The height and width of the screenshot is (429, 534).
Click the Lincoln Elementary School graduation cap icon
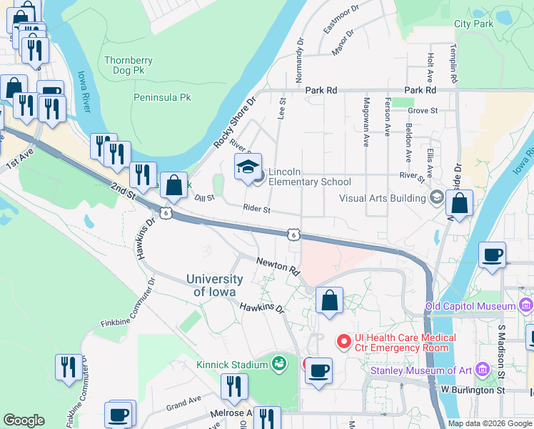point(248,168)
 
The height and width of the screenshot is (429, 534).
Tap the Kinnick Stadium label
point(232,365)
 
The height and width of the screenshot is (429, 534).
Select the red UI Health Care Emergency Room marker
point(343,342)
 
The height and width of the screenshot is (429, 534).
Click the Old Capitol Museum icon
point(526,307)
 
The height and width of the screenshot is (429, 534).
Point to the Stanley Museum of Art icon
point(483,370)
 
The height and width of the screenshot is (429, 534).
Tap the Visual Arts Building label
point(383,198)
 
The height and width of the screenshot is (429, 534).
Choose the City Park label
point(473,24)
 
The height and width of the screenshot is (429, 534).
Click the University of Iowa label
point(216,285)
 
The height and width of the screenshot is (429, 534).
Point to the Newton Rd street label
point(278,267)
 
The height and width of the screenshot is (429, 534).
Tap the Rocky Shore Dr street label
point(234,124)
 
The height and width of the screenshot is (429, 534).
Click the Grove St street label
point(423,111)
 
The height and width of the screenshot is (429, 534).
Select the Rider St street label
point(256,209)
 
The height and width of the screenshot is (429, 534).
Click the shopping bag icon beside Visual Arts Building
point(460,204)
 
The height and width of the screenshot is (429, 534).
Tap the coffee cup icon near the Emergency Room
point(320,370)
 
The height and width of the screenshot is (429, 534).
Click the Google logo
point(24,420)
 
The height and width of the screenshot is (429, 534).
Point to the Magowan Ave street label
point(366,122)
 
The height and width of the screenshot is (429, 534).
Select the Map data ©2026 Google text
point(489,423)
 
